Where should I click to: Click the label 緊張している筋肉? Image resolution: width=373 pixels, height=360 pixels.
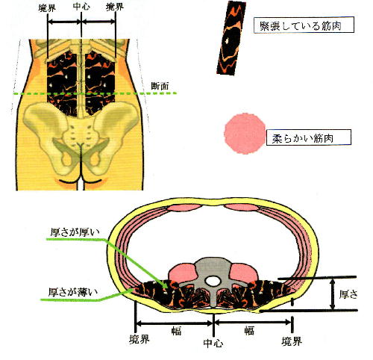tap(300, 26)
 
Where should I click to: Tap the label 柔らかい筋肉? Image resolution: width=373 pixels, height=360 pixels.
tap(303, 138)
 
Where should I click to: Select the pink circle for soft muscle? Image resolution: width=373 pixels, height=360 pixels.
tap(245, 134)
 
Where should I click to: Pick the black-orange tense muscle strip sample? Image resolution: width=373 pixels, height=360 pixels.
tap(231, 38)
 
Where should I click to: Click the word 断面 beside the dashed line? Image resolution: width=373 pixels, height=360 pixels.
tap(160, 86)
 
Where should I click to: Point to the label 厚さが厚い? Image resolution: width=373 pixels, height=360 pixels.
tap(75, 232)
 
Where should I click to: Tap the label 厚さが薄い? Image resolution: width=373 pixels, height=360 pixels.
tap(73, 292)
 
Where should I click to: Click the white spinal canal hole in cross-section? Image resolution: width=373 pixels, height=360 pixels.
tap(213, 282)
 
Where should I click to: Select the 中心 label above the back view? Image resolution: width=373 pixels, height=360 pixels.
tap(81, 7)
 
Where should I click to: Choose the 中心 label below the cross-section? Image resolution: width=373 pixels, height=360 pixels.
tap(213, 344)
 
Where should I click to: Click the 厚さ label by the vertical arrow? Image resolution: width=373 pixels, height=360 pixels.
tap(348, 294)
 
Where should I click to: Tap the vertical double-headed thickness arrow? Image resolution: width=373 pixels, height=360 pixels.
tap(333, 294)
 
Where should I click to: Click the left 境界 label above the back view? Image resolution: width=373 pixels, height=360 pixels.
tap(47, 8)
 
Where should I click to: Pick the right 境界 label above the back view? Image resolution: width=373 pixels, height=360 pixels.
tap(115, 7)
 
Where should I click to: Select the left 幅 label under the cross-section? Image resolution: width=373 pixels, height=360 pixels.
tap(176, 331)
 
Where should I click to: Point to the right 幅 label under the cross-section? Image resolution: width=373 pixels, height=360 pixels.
tap(249, 331)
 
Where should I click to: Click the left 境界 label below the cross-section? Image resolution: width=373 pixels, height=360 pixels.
tap(140, 339)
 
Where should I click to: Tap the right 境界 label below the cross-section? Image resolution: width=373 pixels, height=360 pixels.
tap(292, 341)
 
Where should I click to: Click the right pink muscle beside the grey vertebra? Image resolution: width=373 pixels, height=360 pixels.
tap(244, 273)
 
